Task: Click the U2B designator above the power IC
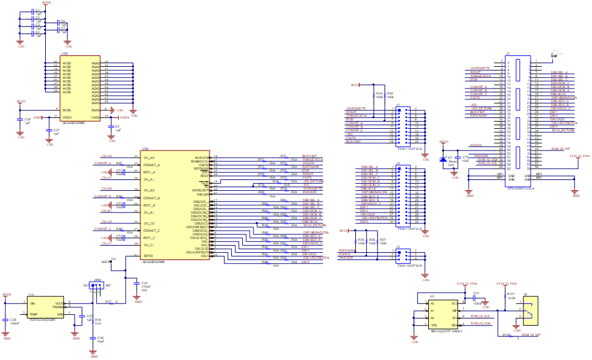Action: coord(64,54)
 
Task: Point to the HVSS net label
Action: coord(124,117)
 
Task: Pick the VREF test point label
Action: coord(104,262)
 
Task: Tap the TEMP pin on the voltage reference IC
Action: coord(33,314)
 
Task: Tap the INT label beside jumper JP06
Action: coord(108,285)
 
